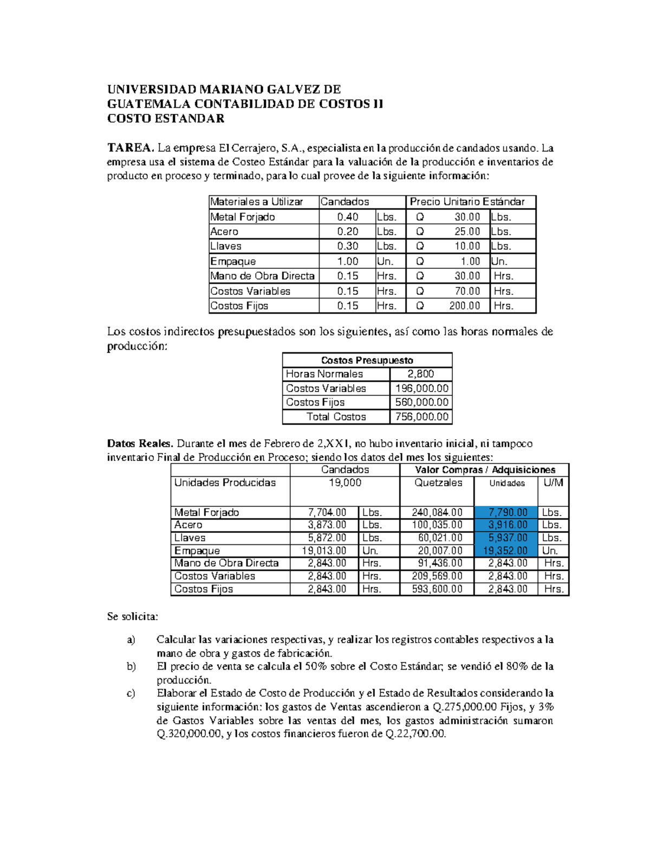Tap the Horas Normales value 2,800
(420, 374)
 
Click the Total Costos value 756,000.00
(421, 417)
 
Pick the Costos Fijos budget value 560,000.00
(421, 402)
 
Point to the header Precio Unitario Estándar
(467, 202)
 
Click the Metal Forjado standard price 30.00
(467, 217)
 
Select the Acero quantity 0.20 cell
(347, 232)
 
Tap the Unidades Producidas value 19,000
(344, 483)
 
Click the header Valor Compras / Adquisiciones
(485, 470)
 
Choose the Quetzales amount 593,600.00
(437, 589)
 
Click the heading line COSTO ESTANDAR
(166, 119)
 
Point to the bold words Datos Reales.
(140, 444)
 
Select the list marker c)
(131, 693)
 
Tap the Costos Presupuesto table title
(367, 361)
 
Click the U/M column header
(553, 483)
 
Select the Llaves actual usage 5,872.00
(327, 538)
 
